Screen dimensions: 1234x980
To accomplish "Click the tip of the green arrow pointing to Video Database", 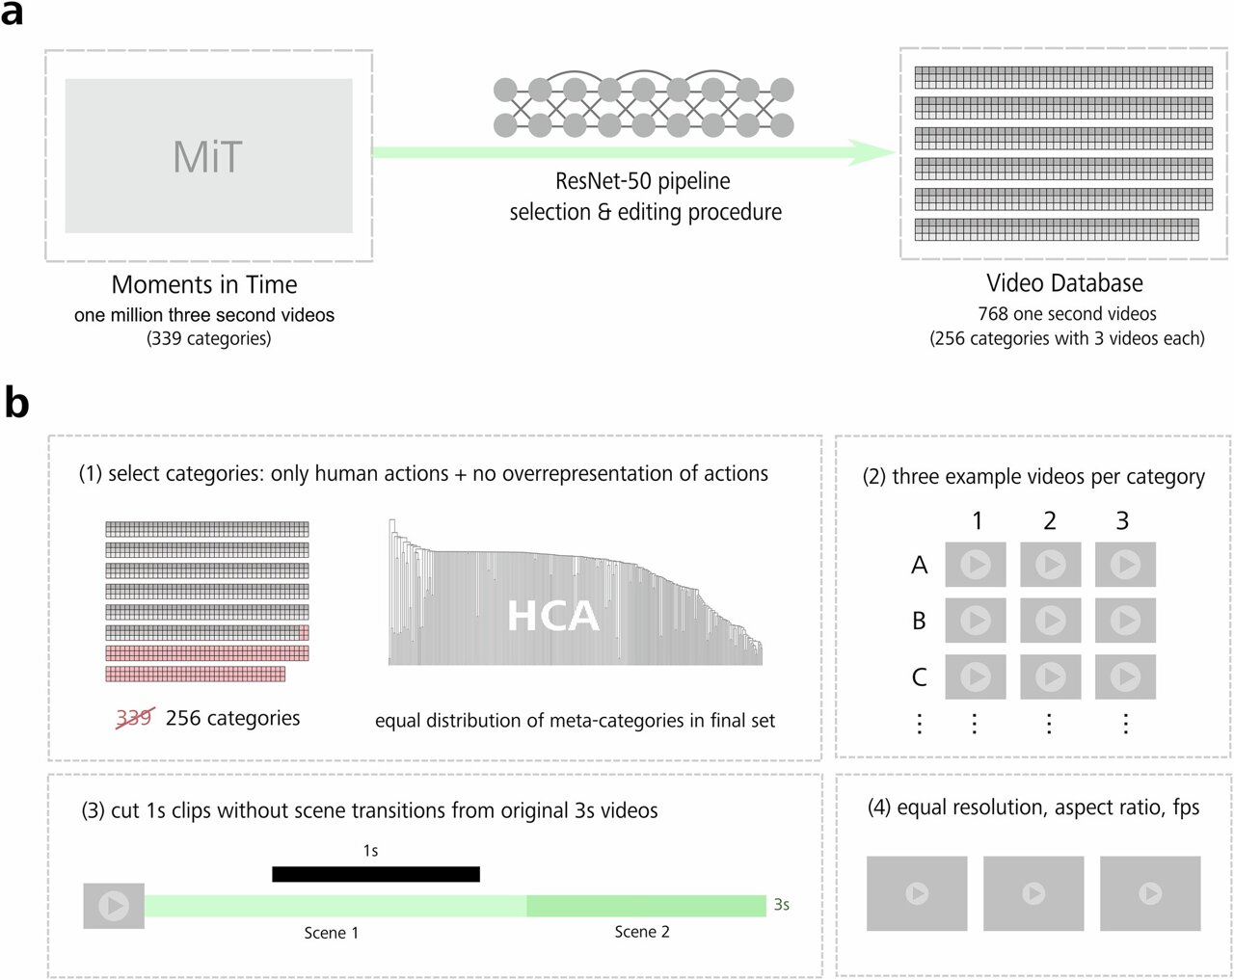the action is click(896, 152).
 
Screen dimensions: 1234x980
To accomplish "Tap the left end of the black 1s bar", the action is click(273, 874).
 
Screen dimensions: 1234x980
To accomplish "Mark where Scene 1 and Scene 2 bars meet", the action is click(526, 906).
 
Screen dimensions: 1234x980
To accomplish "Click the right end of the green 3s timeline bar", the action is click(766, 906).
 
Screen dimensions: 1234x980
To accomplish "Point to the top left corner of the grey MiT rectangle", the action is click(66, 79).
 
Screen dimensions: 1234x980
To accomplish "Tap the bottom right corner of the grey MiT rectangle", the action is click(353, 232).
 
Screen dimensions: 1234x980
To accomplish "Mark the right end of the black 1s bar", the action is click(480, 874).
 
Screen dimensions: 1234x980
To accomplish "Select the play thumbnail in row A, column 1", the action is click(976, 565).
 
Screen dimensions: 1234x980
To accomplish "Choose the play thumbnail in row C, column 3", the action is click(1125, 676).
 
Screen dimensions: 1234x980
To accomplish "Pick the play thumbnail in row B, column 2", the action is click(1051, 621).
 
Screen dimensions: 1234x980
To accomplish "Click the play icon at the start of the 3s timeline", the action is click(114, 906).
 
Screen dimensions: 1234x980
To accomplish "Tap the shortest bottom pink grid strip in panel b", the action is click(196, 674).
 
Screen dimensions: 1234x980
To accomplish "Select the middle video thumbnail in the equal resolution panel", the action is click(1033, 893).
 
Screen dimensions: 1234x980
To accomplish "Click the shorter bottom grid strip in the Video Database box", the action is click(1057, 229).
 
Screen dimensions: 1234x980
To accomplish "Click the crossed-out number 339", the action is click(135, 718).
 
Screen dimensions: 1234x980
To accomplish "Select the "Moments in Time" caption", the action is click(204, 284).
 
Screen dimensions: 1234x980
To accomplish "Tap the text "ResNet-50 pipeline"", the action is click(643, 181).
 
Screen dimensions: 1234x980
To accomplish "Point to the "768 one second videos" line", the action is click(1067, 314).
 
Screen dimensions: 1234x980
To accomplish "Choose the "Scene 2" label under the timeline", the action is click(642, 932).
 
